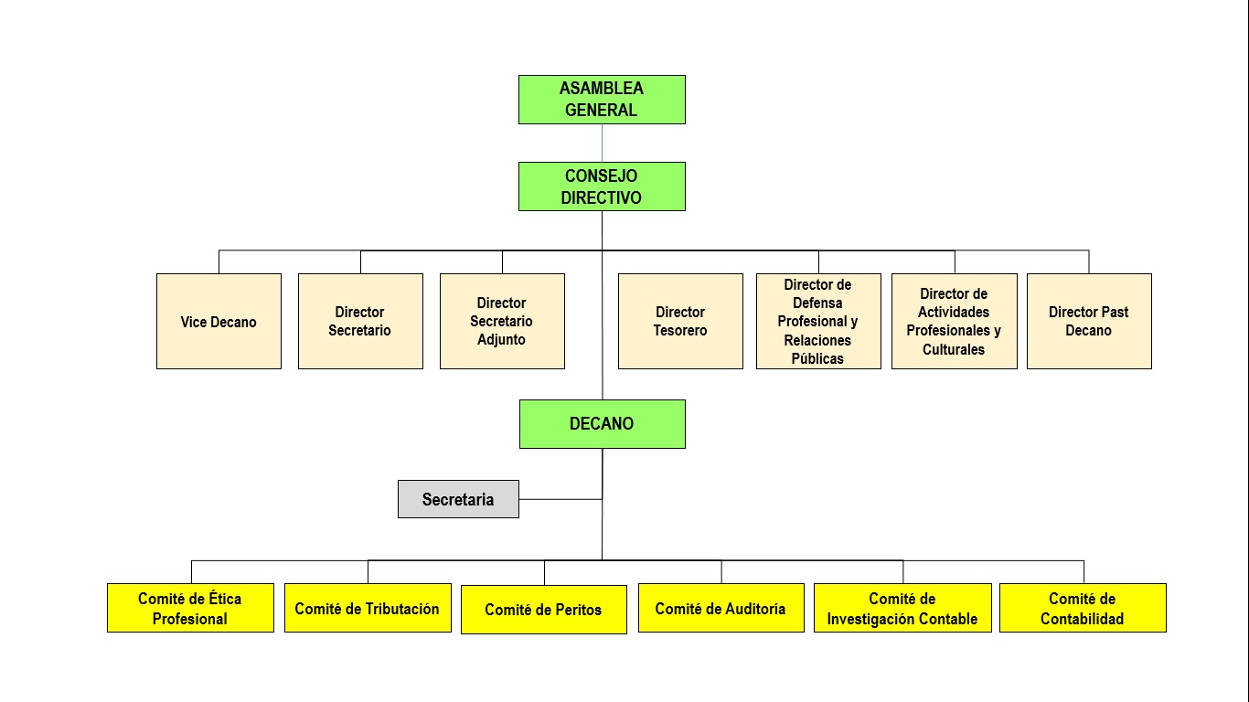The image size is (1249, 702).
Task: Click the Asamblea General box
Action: pos(602,100)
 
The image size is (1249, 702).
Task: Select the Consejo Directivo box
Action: pos(602,186)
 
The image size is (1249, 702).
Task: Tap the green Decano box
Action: pos(602,424)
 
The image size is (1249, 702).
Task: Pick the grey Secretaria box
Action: pos(458,499)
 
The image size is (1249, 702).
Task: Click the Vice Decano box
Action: pos(219,322)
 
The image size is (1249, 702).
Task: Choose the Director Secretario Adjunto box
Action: pos(502,322)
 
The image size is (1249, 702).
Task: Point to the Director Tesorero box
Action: pos(680,322)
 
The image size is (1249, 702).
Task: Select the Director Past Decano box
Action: pos(1089,322)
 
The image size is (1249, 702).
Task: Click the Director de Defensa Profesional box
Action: pos(818,322)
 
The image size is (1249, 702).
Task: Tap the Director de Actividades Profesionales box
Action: pos(954,322)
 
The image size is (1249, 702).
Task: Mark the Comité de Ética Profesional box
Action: pos(190,608)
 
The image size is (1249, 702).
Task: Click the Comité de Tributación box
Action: pos(368,608)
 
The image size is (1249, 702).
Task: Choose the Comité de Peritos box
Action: pos(544,610)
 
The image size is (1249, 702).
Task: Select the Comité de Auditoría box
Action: pos(721,608)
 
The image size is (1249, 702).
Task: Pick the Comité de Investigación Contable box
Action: pos(902,608)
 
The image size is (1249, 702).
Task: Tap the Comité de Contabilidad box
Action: pos(1083,608)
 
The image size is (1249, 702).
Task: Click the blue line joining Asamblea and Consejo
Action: pos(602,143)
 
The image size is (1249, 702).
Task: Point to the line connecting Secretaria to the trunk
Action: pos(560,499)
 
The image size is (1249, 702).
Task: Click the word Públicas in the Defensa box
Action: pos(818,358)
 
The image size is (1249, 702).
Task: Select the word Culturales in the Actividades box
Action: pos(954,349)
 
